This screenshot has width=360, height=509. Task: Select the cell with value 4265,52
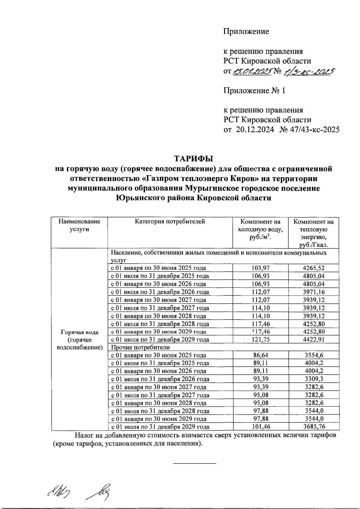click(x=314, y=268)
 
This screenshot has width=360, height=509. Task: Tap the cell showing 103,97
click(x=260, y=268)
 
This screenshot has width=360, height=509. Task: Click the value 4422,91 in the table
click(x=314, y=340)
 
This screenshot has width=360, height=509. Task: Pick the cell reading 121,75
click(x=260, y=340)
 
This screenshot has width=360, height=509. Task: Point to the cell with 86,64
click(x=260, y=355)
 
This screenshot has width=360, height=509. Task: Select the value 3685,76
click(x=314, y=427)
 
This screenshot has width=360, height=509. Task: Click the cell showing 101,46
click(x=260, y=427)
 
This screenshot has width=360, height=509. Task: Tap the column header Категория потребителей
click(x=170, y=222)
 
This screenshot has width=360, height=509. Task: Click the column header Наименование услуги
click(x=79, y=225)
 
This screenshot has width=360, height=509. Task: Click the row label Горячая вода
click(x=79, y=332)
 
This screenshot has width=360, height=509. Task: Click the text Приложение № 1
click(x=254, y=91)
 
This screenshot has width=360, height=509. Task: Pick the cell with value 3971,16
click(x=314, y=292)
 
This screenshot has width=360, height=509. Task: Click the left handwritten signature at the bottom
click(x=57, y=491)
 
